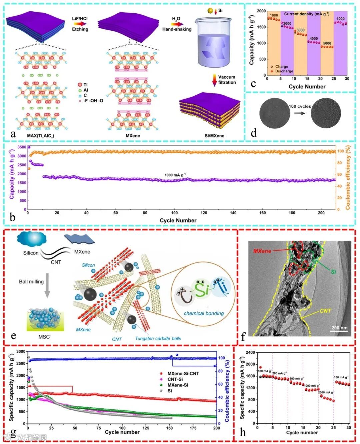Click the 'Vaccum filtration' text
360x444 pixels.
(227, 80)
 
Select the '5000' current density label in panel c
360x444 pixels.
(327, 43)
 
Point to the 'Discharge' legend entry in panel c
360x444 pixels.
(284, 71)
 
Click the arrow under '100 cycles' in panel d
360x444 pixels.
(300, 113)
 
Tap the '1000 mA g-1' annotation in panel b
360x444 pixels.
(175, 175)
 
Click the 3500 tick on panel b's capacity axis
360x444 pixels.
(22, 147)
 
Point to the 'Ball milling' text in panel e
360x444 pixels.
(31, 282)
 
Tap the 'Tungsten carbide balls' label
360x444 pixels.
(158, 338)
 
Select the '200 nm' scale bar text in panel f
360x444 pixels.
(339, 328)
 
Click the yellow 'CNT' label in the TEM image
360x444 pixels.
(325, 311)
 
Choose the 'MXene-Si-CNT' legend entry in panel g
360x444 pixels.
(183, 374)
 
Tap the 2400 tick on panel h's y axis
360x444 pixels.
(251, 352)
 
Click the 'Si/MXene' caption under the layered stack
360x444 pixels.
(214, 136)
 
